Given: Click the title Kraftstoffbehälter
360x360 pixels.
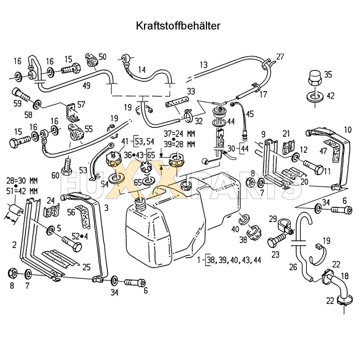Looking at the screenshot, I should [x=178, y=26].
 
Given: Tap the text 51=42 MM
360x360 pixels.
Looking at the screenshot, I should [x=22, y=191].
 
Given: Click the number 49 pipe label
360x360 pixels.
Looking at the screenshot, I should [x=87, y=85].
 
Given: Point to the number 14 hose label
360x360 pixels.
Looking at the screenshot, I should [x=142, y=69].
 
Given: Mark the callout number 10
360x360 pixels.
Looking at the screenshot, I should [x=348, y=130].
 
